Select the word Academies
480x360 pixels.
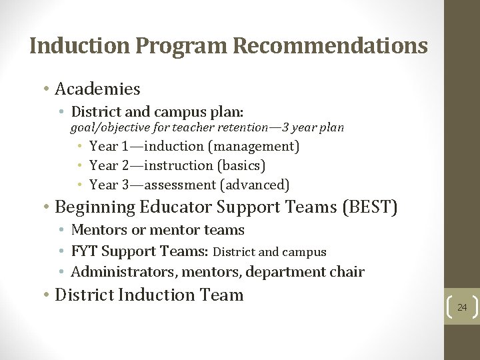[x=97, y=89]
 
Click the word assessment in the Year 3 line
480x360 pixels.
[x=180, y=185]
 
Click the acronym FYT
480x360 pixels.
[x=85, y=251]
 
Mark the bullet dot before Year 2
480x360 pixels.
[x=79, y=165]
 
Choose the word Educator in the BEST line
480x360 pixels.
[x=177, y=207]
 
